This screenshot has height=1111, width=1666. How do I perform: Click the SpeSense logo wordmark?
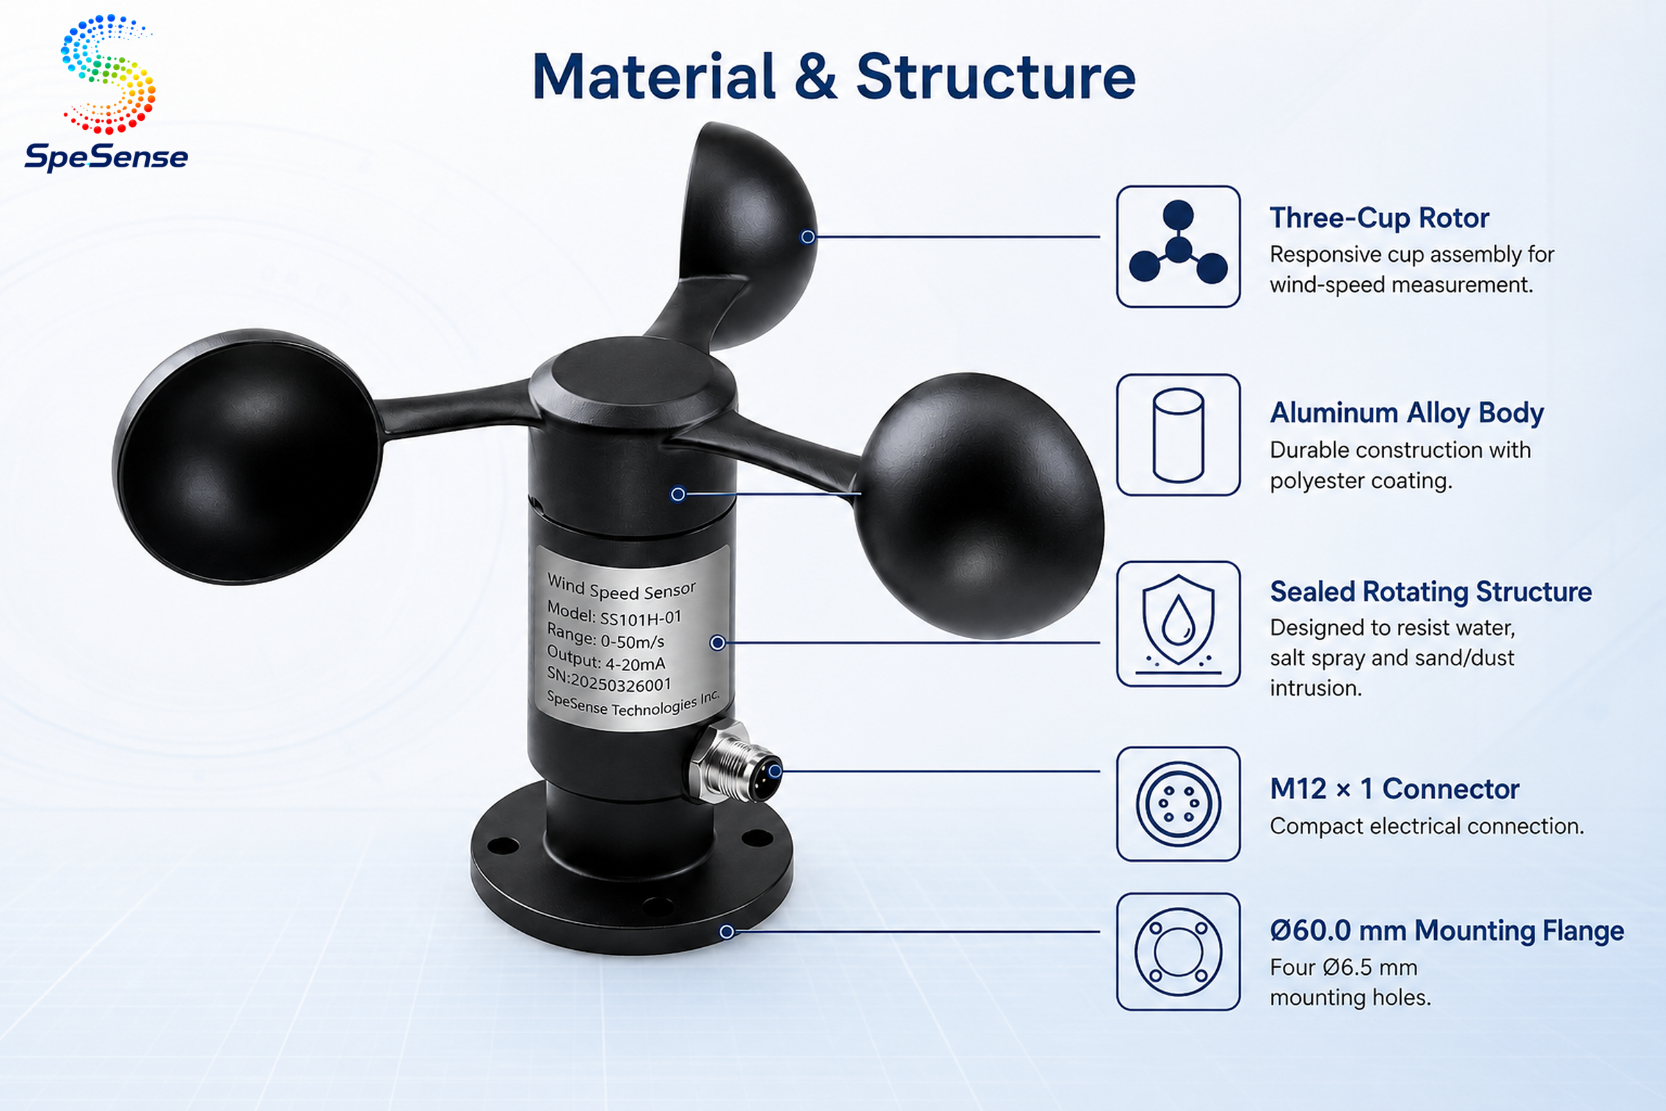(106, 157)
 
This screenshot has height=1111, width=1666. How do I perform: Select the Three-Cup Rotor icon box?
(1178, 247)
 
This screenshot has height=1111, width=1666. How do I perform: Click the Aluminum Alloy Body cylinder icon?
(1178, 435)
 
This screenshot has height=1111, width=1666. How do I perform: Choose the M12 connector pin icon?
(1178, 804)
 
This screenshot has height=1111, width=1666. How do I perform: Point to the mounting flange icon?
(1178, 951)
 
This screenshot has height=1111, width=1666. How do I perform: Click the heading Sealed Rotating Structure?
(1430, 592)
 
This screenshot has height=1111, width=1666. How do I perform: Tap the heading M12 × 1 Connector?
(1394, 789)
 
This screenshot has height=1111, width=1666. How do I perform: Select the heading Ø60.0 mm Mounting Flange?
(1447, 930)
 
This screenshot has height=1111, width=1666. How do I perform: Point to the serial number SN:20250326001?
(609, 680)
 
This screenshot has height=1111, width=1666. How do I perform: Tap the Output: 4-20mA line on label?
(605, 658)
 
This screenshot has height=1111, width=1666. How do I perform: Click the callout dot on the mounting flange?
(727, 932)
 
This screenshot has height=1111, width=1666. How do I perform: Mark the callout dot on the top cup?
(807, 237)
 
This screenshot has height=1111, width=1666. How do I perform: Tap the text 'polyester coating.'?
(1361, 481)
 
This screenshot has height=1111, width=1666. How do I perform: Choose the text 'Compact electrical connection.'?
(1427, 826)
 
